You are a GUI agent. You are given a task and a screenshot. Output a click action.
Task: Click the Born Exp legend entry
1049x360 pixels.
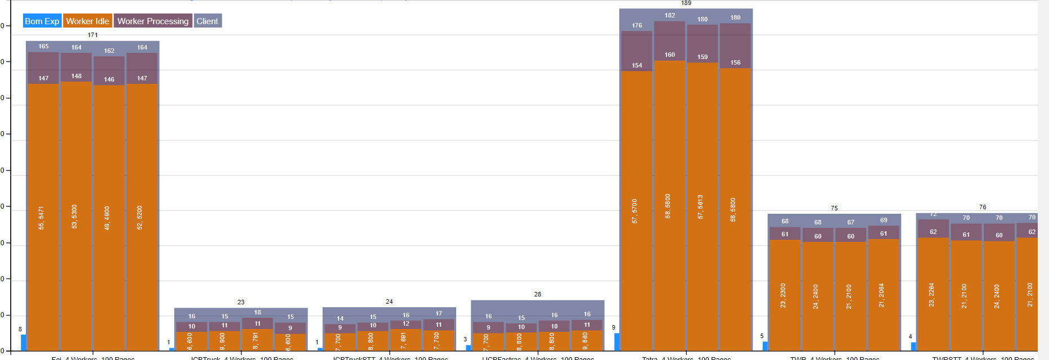pyautogui.click(x=42, y=21)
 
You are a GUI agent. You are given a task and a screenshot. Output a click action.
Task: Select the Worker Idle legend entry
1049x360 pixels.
pyautogui.click(x=87, y=21)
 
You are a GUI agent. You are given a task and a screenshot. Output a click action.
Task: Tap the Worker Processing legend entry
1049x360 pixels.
pyautogui.click(x=152, y=21)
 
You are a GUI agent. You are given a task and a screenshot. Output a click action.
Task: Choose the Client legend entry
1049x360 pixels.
pyautogui.click(x=207, y=21)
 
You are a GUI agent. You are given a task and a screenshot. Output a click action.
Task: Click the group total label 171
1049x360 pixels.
pyautogui.click(x=93, y=35)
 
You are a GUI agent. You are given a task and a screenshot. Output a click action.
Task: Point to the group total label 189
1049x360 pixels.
pyautogui.click(x=686, y=3)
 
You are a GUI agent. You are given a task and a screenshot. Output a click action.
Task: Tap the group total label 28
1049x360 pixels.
pyautogui.click(x=538, y=294)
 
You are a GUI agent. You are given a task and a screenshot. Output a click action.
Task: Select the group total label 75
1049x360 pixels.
pyautogui.click(x=834, y=208)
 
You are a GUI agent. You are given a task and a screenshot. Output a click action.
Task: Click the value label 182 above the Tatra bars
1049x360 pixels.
pyautogui.click(x=669, y=15)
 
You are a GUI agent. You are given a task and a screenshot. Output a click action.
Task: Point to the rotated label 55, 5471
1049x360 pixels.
pyautogui.click(x=41, y=218)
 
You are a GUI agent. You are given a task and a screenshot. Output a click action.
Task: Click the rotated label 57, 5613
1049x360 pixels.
pyautogui.click(x=700, y=207)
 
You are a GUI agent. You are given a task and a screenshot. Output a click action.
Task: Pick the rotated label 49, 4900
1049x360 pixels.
pyautogui.click(x=107, y=218)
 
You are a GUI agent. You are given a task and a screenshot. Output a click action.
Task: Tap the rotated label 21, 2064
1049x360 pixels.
pyautogui.click(x=881, y=295)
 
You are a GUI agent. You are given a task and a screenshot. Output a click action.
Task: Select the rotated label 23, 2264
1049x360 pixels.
pyautogui.click(x=931, y=295)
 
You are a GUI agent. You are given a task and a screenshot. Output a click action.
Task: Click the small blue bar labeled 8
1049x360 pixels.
pyautogui.click(x=24, y=343)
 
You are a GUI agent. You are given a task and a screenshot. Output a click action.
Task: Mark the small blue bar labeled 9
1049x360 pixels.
pyautogui.click(x=616, y=341)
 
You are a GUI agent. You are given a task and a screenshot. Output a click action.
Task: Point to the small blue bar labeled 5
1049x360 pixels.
pyautogui.click(x=765, y=346)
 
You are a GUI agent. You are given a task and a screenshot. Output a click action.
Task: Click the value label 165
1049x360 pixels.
pyautogui.click(x=43, y=46)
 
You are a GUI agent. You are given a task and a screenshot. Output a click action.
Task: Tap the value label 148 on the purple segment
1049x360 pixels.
pyautogui.click(x=76, y=76)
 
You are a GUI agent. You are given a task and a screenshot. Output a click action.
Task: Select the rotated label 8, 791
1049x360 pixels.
pyautogui.click(x=255, y=340)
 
